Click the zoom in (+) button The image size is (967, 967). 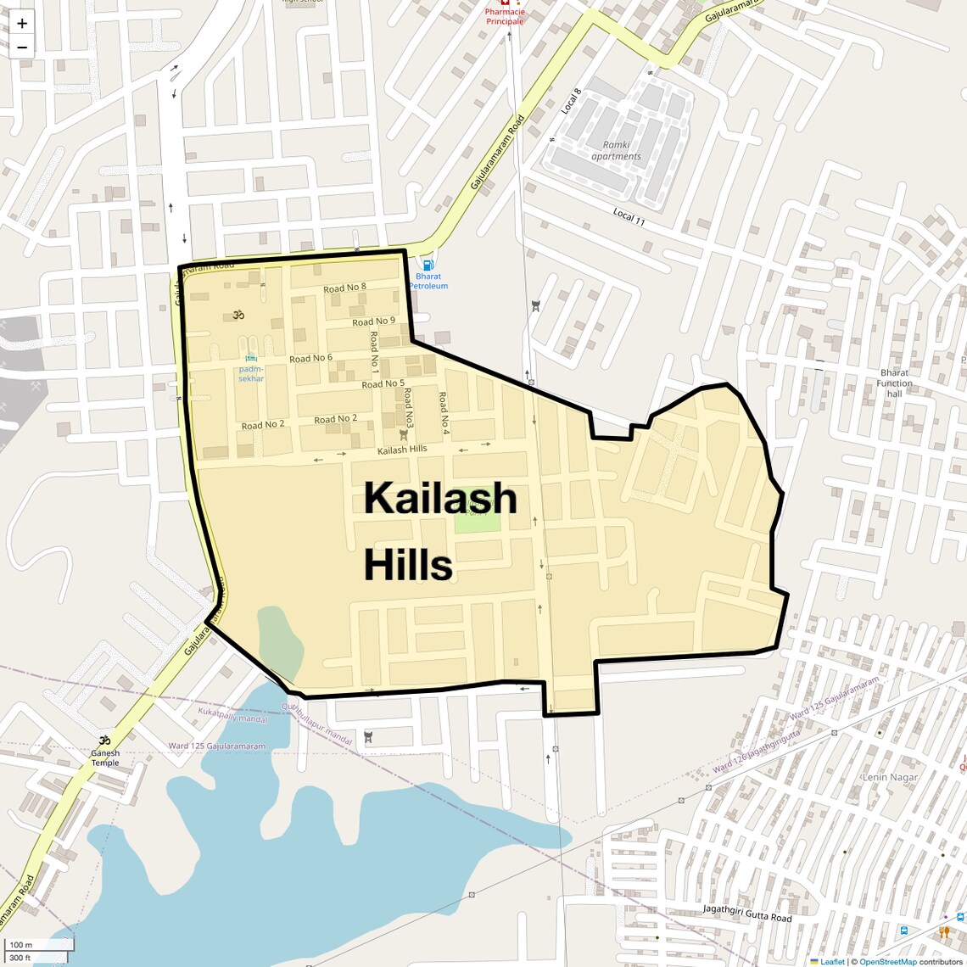click(22, 24)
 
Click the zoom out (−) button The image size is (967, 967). click(22, 48)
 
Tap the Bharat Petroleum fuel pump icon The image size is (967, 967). click(428, 265)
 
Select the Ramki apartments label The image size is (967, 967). click(616, 151)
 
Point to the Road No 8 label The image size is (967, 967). click(344, 288)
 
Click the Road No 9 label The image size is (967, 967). click(373, 321)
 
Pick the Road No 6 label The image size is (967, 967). click(310, 359)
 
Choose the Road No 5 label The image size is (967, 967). click(383, 384)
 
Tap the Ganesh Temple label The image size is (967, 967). click(105, 757)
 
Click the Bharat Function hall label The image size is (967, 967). click(894, 383)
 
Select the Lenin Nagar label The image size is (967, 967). click(890, 777)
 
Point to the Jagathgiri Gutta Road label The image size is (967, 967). click(746, 914)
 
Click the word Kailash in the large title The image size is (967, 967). click(440, 498)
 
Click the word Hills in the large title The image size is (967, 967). click(408, 565)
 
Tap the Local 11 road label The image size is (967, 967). click(629, 217)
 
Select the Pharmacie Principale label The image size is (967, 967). click(505, 17)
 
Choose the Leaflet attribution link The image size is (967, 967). click(832, 962)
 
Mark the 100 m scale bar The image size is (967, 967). click(38, 944)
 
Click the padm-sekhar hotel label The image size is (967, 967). click(251, 373)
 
